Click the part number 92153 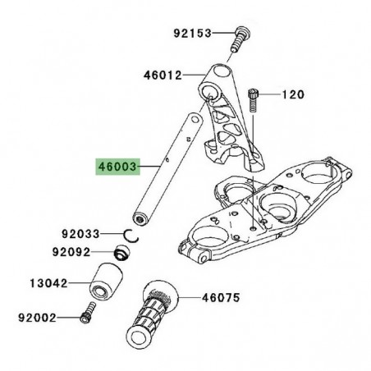pos(193,33)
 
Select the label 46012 pos(163,75)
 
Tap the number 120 pos(293,94)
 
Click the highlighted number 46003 pos(117,167)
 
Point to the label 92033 pos(80,234)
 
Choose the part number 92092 pos(71,252)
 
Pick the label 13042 pos(48,283)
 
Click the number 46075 pos(221,297)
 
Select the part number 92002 pos(37,318)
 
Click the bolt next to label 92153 pos(240,39)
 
